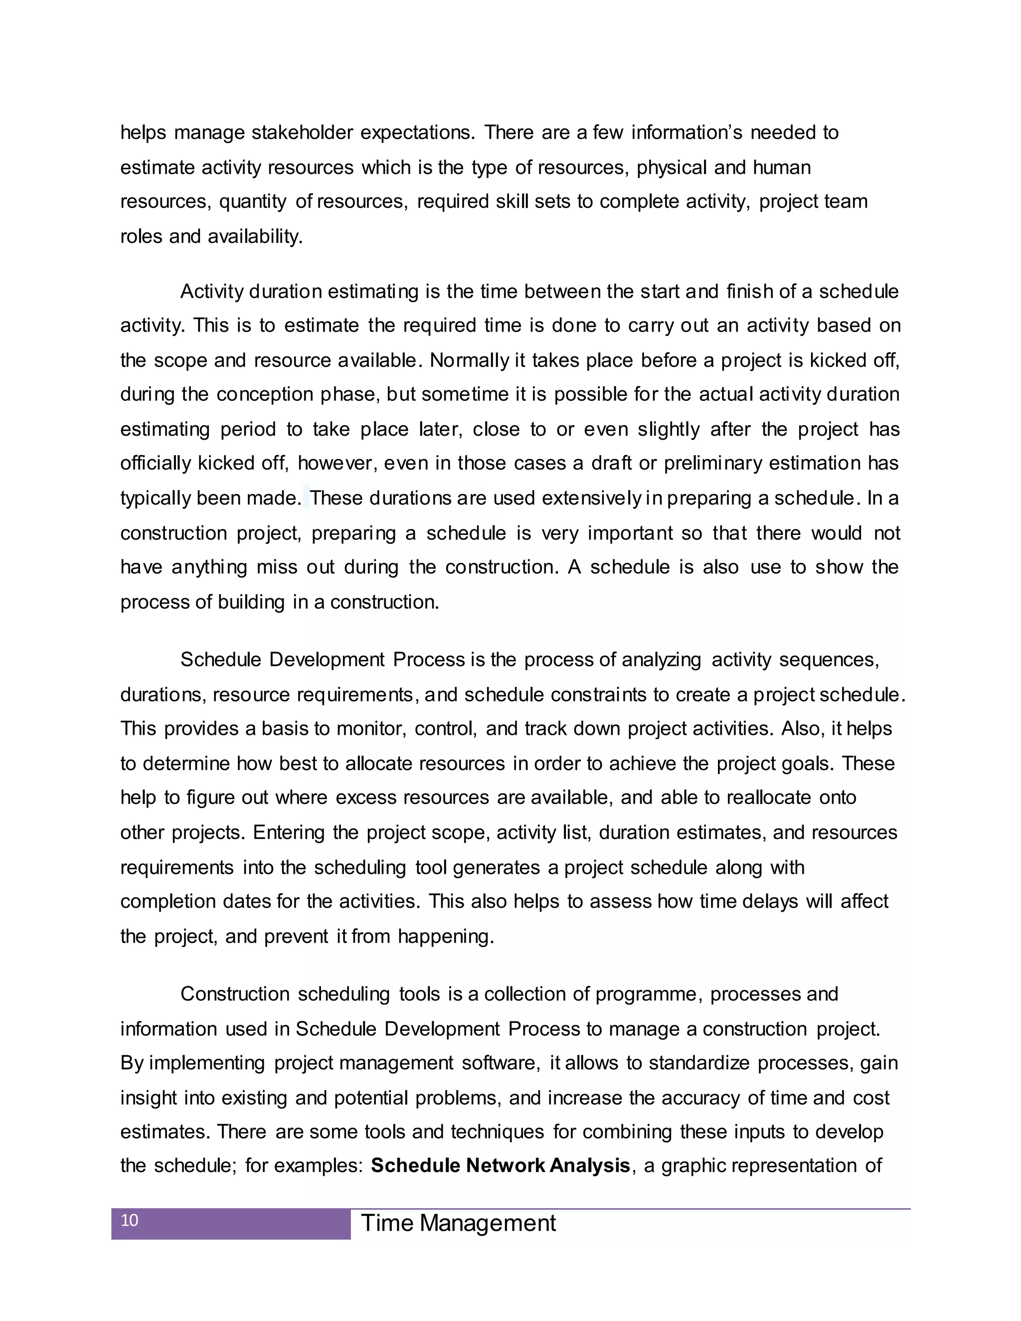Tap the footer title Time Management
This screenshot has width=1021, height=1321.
pyautogui.click(x=458, y=1223)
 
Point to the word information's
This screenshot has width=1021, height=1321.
pyautogui.click(x=686, y=132)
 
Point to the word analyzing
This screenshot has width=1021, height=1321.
pyautogui.click(x=661, y=660)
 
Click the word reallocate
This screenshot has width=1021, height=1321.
pyautogui.click(x=769, y=797)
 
